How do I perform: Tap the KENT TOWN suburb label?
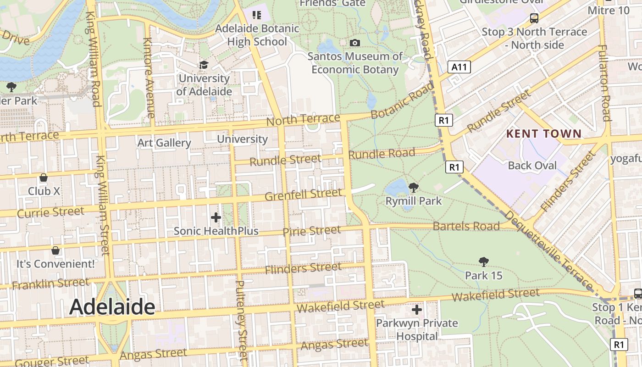coord(544,134)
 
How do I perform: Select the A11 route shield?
coord(459,67)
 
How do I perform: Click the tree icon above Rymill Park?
coord(413,187)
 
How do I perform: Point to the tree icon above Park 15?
coord(483,262)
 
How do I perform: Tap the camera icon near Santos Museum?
coord(354,43)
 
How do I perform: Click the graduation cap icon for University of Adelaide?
coord(204,65)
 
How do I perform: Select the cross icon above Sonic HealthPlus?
coord(216,217)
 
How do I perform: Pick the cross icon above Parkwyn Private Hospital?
coord(416,310)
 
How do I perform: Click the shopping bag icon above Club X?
coord(44,178)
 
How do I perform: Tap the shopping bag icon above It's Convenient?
coord(55,250)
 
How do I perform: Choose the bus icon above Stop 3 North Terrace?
coord(534,18)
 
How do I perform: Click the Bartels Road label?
coord(466,226)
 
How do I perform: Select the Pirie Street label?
coord(312,231)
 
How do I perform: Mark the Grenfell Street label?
coord(304,195)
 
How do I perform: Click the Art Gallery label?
coord(164,143)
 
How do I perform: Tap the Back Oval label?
coord(532,166)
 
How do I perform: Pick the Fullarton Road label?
coord(605,83)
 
